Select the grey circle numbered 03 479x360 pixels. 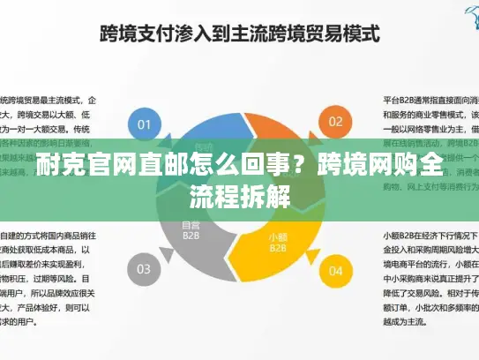[145, 269]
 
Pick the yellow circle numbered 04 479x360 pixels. [334, 269]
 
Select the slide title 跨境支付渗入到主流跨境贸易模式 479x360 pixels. [239, 35]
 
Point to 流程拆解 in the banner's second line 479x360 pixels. [239, 195]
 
